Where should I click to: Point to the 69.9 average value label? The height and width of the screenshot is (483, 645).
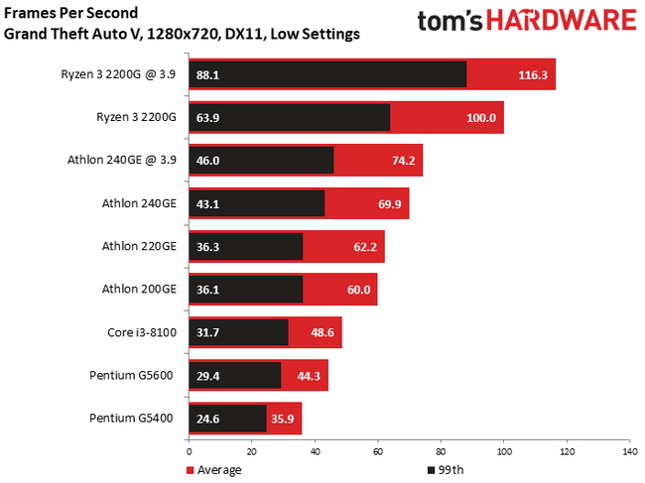tap(388, 203)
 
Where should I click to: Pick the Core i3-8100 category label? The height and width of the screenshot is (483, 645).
tap(142, 332)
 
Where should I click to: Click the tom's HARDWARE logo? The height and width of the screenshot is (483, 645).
tap(526, 22)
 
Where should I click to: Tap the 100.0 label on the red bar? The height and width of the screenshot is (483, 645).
tap(481, 117)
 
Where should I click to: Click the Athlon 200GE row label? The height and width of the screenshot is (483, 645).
tap(139, 290)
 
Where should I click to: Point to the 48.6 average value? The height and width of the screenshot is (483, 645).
tap(322, 332)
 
